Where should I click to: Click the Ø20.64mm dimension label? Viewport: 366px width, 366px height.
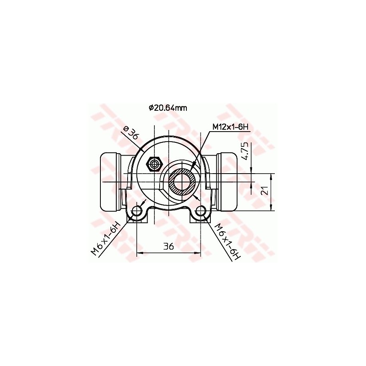click(168, 108)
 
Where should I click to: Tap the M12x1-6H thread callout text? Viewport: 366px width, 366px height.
click(230, 127)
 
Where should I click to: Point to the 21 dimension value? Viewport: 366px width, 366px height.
click(264, 192)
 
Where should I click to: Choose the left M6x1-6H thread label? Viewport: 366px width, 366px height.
click(106, 239)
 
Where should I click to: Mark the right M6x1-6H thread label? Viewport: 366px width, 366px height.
click(227, 242)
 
